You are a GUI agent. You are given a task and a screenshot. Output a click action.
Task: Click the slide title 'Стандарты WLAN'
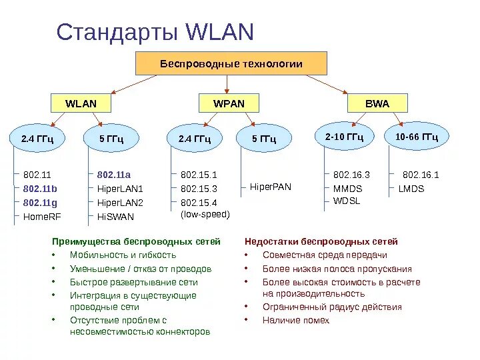point(155,32)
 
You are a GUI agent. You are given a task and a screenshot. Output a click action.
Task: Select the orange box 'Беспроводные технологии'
point(231,64)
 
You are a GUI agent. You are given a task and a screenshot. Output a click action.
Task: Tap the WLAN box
point(81,104)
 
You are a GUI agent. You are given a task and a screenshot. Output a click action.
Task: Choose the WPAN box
point(229,104)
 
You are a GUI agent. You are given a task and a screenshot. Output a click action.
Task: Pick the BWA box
point(377,104)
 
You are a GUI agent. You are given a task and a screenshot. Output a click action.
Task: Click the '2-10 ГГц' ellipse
point(344,137)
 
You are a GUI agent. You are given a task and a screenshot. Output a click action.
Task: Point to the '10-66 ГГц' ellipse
point(417,137)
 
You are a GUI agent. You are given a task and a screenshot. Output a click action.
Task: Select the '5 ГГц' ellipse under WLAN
point(111,139)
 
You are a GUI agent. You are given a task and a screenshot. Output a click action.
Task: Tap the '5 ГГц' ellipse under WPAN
point(263,139)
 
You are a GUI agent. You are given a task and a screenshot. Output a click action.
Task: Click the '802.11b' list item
point(40,189)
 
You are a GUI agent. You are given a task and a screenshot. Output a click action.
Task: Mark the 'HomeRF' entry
point(41,217)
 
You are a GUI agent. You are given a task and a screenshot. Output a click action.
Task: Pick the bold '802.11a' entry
point(114,175)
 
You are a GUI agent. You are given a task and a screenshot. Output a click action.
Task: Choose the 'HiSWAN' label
point(115,217)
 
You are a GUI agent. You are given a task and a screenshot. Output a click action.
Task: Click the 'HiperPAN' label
point(271,187)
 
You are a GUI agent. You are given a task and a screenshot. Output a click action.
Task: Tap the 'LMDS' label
point(411,189)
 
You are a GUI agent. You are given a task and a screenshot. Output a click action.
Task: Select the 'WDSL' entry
point(347,201)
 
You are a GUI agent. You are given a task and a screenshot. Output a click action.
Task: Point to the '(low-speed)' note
point(205,215)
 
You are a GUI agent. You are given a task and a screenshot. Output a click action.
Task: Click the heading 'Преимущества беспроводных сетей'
point(136,241)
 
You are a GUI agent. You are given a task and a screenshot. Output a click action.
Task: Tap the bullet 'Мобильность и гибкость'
point(123,255)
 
